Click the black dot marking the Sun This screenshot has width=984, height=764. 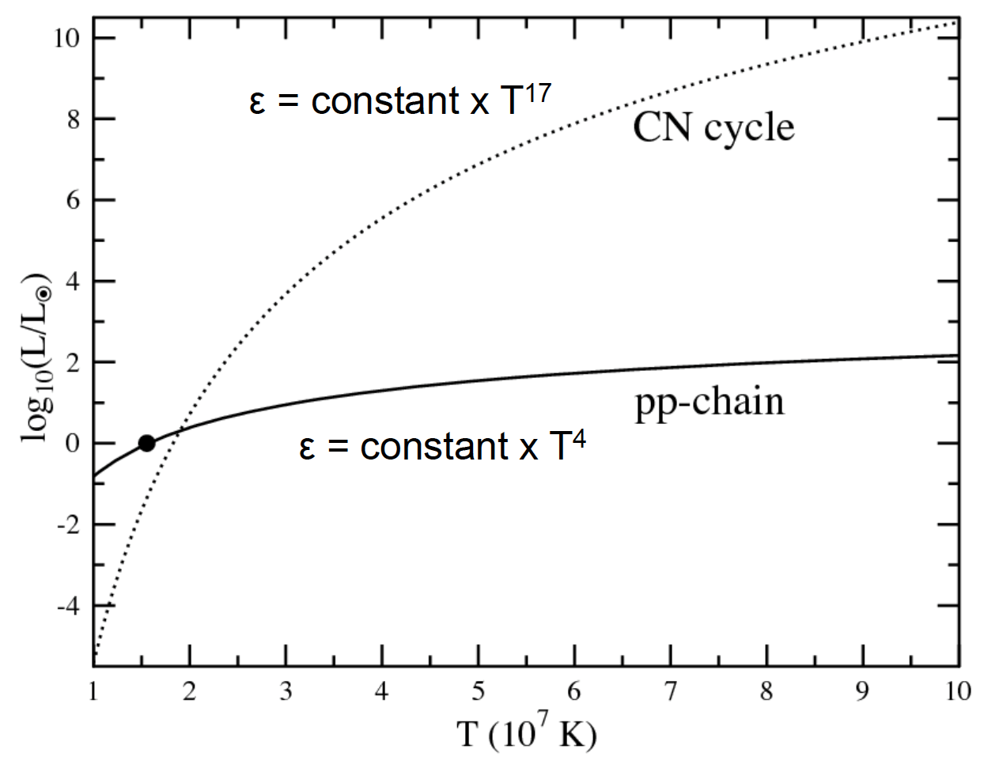146,443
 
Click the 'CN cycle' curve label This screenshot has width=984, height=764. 713,127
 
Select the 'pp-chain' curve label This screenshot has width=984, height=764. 709,402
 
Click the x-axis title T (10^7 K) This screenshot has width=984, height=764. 526,735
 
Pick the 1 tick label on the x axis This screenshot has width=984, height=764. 94,691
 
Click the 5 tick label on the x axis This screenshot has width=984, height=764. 478,691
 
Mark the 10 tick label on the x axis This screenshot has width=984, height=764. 957,691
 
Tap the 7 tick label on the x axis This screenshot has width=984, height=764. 670,691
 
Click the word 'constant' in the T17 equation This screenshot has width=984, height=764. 384,103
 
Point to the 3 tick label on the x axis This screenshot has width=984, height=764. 286,691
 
